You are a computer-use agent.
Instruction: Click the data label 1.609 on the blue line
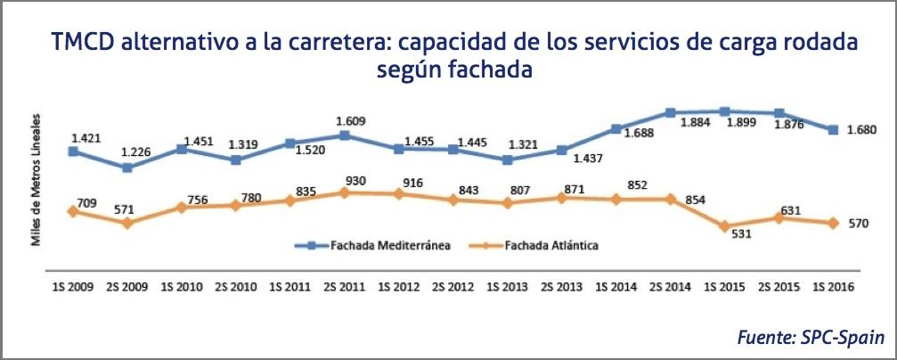click(x=345, y=121)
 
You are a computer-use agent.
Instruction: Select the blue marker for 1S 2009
click(x=73, y=151)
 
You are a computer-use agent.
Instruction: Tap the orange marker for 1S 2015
click(x=724, y=226)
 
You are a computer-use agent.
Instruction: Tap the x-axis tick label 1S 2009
click(x=72, y=287)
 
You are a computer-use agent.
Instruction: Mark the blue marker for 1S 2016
click(x=833, y=130)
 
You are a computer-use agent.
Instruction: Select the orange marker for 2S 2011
click(x=345, y=192)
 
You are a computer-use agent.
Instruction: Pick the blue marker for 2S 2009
click(x=127, y=168)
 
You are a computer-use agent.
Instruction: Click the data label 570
click(x=860, y=223)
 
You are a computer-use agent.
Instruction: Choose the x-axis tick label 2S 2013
click(x=561, y=287)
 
